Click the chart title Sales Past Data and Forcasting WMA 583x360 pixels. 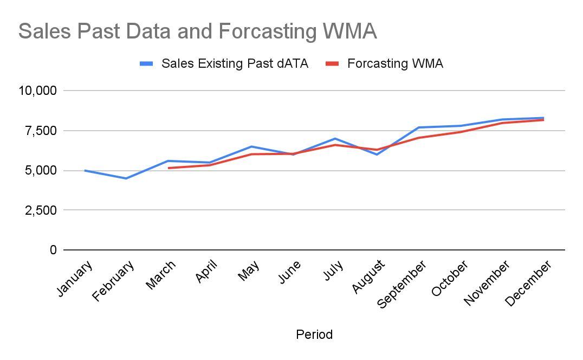(x=197, y=31)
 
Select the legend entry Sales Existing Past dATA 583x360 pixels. (x=235, y=63)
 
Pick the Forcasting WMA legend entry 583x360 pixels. (x=395, y=63)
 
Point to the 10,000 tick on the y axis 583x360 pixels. (x=38, y=91)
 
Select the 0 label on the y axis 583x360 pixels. (x=53, y=250)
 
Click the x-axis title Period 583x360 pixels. (x=314, y=335)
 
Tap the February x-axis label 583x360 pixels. (x=114, y=280)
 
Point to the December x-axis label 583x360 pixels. (x=528, y=282)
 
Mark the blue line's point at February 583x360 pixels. (x=126, y=178)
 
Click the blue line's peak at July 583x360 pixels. (x=335, y=139)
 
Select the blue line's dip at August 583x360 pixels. (x=377, y=155)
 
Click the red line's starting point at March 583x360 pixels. (x=169, y=168)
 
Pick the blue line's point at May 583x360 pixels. (x=251, y=146)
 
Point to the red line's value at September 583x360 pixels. (x=419, y=138)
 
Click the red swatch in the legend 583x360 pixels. (x=332, y=63)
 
